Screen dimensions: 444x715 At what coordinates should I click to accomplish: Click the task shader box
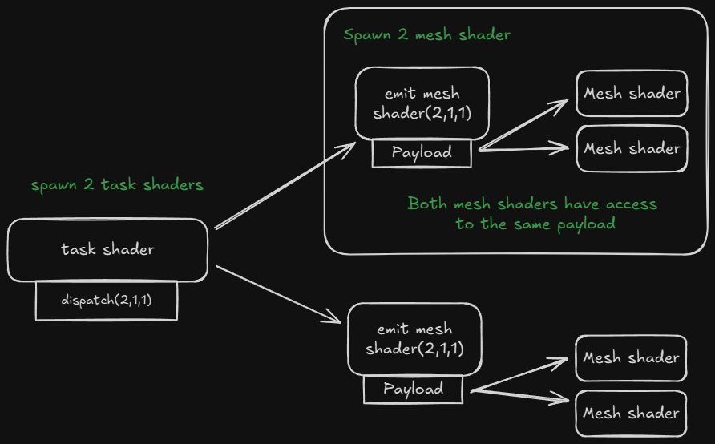(x=107, y=250)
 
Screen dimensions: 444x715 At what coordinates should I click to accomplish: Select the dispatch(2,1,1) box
(x=106, y=301)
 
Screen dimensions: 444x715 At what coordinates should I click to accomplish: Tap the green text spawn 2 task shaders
(x=117, y=185)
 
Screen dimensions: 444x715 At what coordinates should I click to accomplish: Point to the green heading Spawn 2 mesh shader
(x=426, y=35)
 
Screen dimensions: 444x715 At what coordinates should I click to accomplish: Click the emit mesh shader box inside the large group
(x=422, y=103)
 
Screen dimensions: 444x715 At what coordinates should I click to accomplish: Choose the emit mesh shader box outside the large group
(x=414, y=339)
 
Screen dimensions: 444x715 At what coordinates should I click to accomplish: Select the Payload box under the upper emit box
(x=422, y=152)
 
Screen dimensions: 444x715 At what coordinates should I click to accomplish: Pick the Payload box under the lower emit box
(x=413, y=390)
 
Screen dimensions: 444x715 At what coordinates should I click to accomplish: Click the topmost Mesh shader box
(x=632, y=93)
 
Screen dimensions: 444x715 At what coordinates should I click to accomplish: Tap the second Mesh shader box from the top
(x=632, y=148)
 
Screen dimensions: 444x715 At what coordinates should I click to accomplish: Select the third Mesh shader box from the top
(x=631, y=357)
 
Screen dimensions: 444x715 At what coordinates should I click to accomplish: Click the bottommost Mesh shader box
(x=631, y=414)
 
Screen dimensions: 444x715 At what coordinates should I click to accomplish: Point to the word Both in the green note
(x=426, y=204)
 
